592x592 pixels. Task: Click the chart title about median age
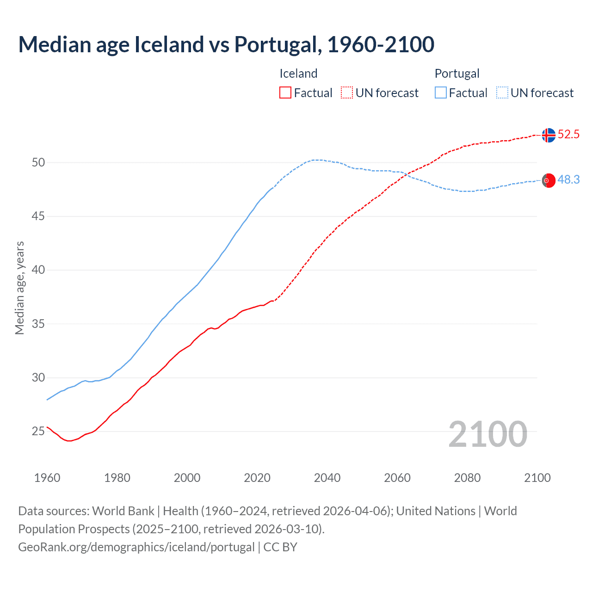click(x=226, y=44)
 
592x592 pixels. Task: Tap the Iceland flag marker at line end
click(x=549, y=135)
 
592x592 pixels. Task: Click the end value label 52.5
click(x=568, y=135)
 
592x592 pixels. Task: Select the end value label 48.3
click(x=568, y=180)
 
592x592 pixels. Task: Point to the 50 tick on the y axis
click(x=38, y=162)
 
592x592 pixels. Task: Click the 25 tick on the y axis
click(x=38, y=432)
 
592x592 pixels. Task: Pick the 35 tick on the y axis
click(x=38, y=324)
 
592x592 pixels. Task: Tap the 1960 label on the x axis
click(x=47, y=478)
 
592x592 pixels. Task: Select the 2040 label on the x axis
click(x=327, y=478)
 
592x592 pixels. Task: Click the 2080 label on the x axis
click(x=467, y=478)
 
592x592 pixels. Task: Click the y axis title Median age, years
click(x=19, y=288)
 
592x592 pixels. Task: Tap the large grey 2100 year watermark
click(x=487, y=434)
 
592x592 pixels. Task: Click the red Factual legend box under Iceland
click(x=285, y=93)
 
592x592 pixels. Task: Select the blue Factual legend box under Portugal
click(x=441, y=93)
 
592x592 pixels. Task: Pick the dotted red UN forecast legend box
click(x=347, y=93)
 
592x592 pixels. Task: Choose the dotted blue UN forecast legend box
click(x=502, y=93)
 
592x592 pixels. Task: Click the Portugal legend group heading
click(x=457, y=74)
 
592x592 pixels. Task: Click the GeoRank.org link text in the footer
click(x=136, y=547)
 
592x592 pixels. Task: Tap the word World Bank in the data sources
click(x=123, y=511)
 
